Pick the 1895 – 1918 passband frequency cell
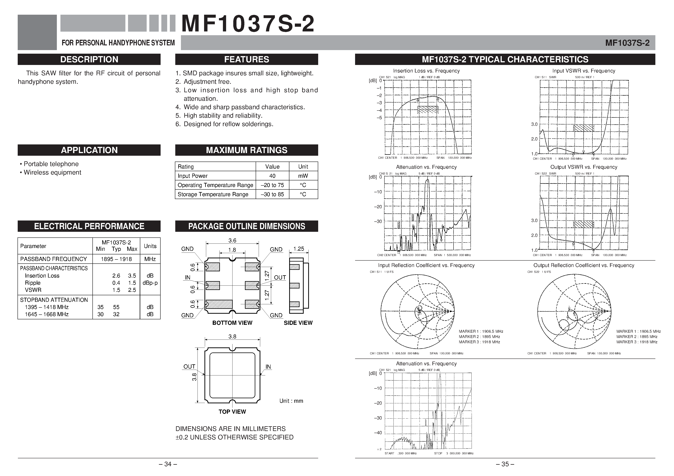pyautogui.click(x=116, y=259)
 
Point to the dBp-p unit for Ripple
pyautogui.click(x=150, y=283)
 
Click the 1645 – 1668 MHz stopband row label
pyautogui.click(x=47, y=314)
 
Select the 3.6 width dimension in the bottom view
pyautogui.click(x=232, y=240)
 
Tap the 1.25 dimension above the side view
pyautogui.click(x=299, y=249)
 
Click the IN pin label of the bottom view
pyautogui.click(x=187, y=278)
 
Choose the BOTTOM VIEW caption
pyautogui.click(x=232, y=323)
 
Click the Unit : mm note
pyautogui.click(x=291, y=401)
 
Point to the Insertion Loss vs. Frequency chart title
pyautogui.click(x=426, y=71)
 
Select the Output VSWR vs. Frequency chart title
pyautogui.click(x=584, y=167)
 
